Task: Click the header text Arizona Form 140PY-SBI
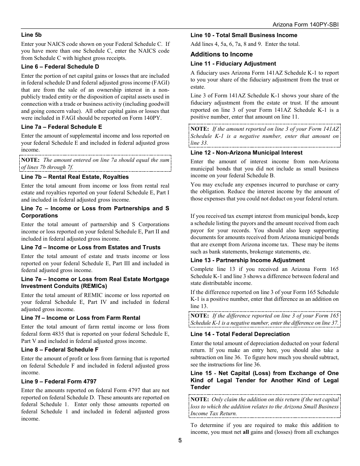(306, 24)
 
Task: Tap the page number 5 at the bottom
(180, 440)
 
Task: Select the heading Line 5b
(31, 35)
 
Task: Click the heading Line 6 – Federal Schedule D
(60, 67)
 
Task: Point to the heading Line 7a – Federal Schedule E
(61, 127)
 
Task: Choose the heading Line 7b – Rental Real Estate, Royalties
(75, 177)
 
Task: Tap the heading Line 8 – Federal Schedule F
(60, 350)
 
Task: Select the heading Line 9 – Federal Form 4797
(59, 382)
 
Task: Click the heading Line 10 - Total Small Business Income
(244, 35)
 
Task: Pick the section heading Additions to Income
(222, 55)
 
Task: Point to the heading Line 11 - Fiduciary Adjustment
(233, 64)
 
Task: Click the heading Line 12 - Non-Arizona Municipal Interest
(246, 153)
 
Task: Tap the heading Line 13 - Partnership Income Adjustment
(247, 260)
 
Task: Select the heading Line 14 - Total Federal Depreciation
(240, 334)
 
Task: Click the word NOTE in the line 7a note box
(30, 160)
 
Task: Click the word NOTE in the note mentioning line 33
(200, 129)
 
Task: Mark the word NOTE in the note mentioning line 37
(200, 316)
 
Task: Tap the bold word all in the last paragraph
(246, 432)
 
